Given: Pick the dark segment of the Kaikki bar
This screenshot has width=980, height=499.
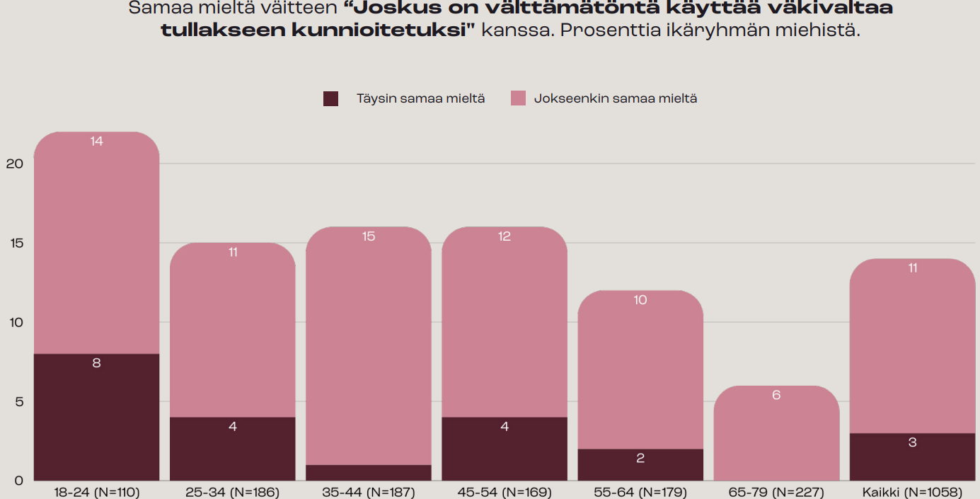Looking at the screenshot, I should point(912,457).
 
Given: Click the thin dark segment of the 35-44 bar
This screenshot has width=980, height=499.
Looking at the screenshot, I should point(368,473).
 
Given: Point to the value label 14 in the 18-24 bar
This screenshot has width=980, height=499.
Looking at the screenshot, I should point(97,142).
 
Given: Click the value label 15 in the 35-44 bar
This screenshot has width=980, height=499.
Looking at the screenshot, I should point(369,236).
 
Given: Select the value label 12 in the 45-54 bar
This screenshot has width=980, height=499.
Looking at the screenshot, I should point(505,236).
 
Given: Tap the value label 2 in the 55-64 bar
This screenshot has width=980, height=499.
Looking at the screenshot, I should point(640,458).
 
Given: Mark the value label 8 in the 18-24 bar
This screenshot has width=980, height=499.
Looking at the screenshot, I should point(97,363).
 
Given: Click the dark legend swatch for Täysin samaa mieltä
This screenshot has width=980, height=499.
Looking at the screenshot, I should point(330,99).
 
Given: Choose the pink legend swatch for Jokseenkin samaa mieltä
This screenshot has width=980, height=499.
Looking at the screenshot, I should point(518,99).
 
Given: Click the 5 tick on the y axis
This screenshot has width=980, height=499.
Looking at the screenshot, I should point(19,402).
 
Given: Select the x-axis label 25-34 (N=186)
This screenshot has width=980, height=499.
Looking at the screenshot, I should point(233,492).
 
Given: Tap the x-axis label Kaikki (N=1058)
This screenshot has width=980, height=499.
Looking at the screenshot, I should point(912,492).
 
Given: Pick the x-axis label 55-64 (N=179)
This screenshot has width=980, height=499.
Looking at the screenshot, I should point(640,492).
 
